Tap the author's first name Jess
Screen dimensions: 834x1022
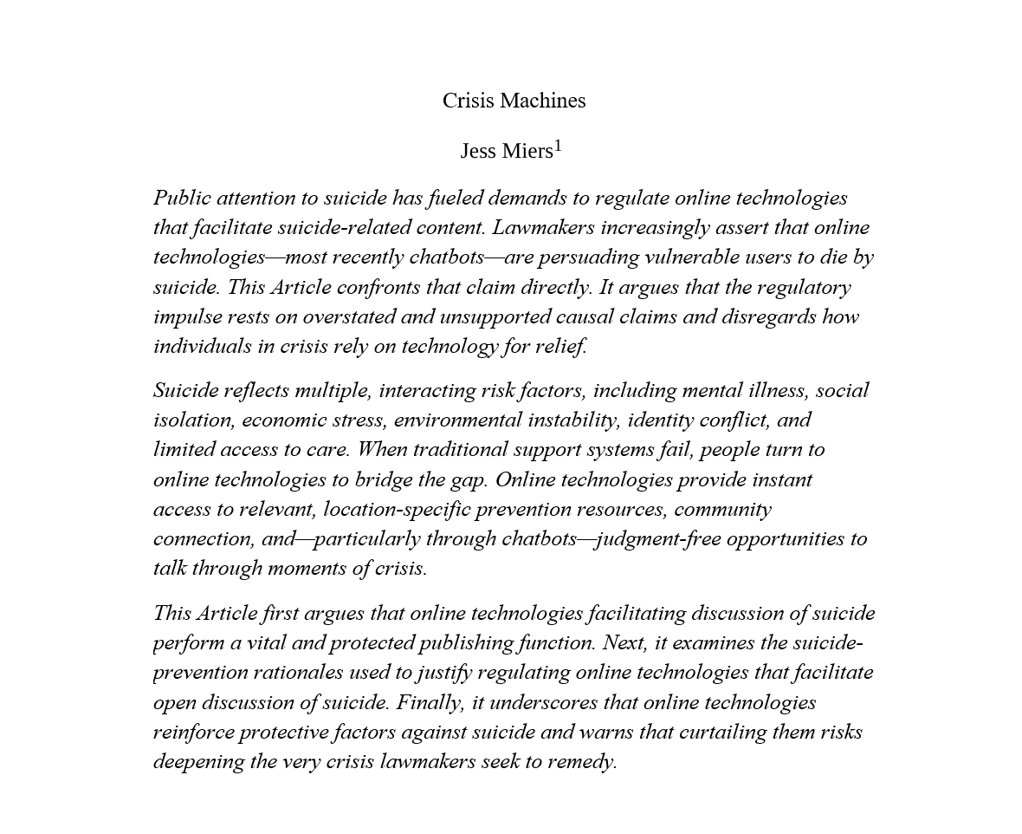click(x=477, y=152)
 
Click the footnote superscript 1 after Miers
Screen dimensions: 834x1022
click(x=558, y=146)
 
